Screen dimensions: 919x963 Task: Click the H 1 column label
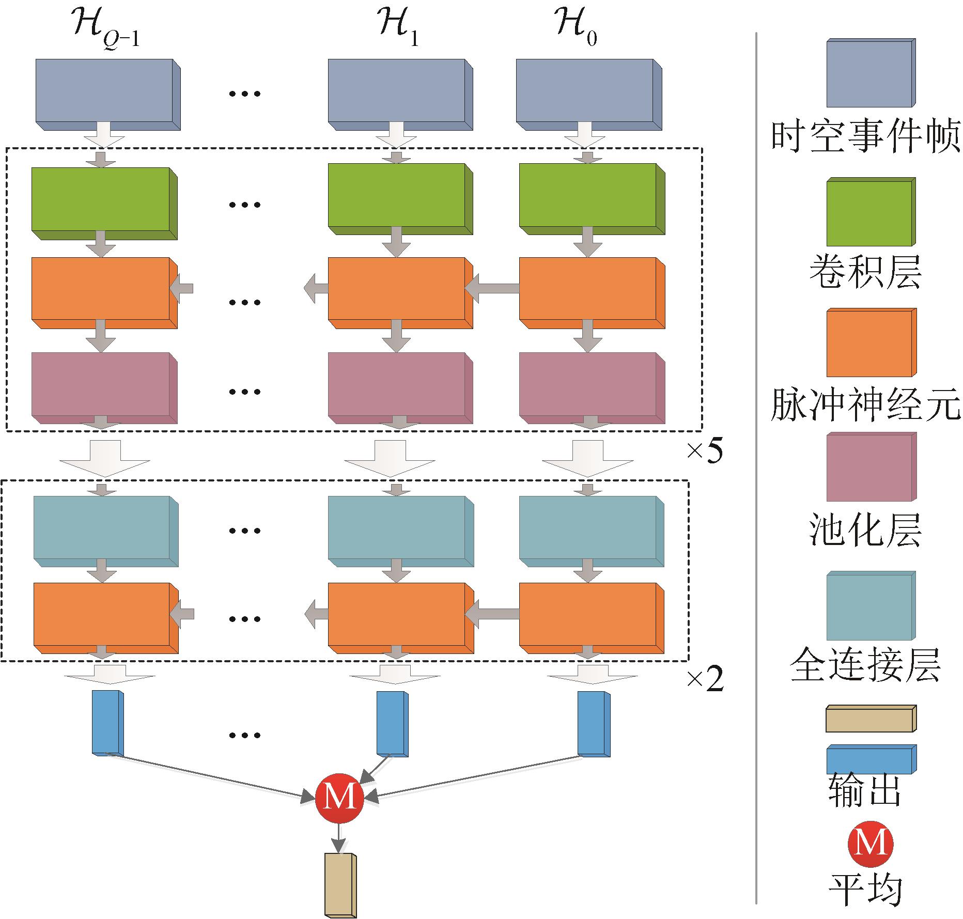tap(398, 30)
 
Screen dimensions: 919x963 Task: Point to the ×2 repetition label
tap(705, 680)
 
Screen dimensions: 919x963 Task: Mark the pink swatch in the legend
tap(871, 467)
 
